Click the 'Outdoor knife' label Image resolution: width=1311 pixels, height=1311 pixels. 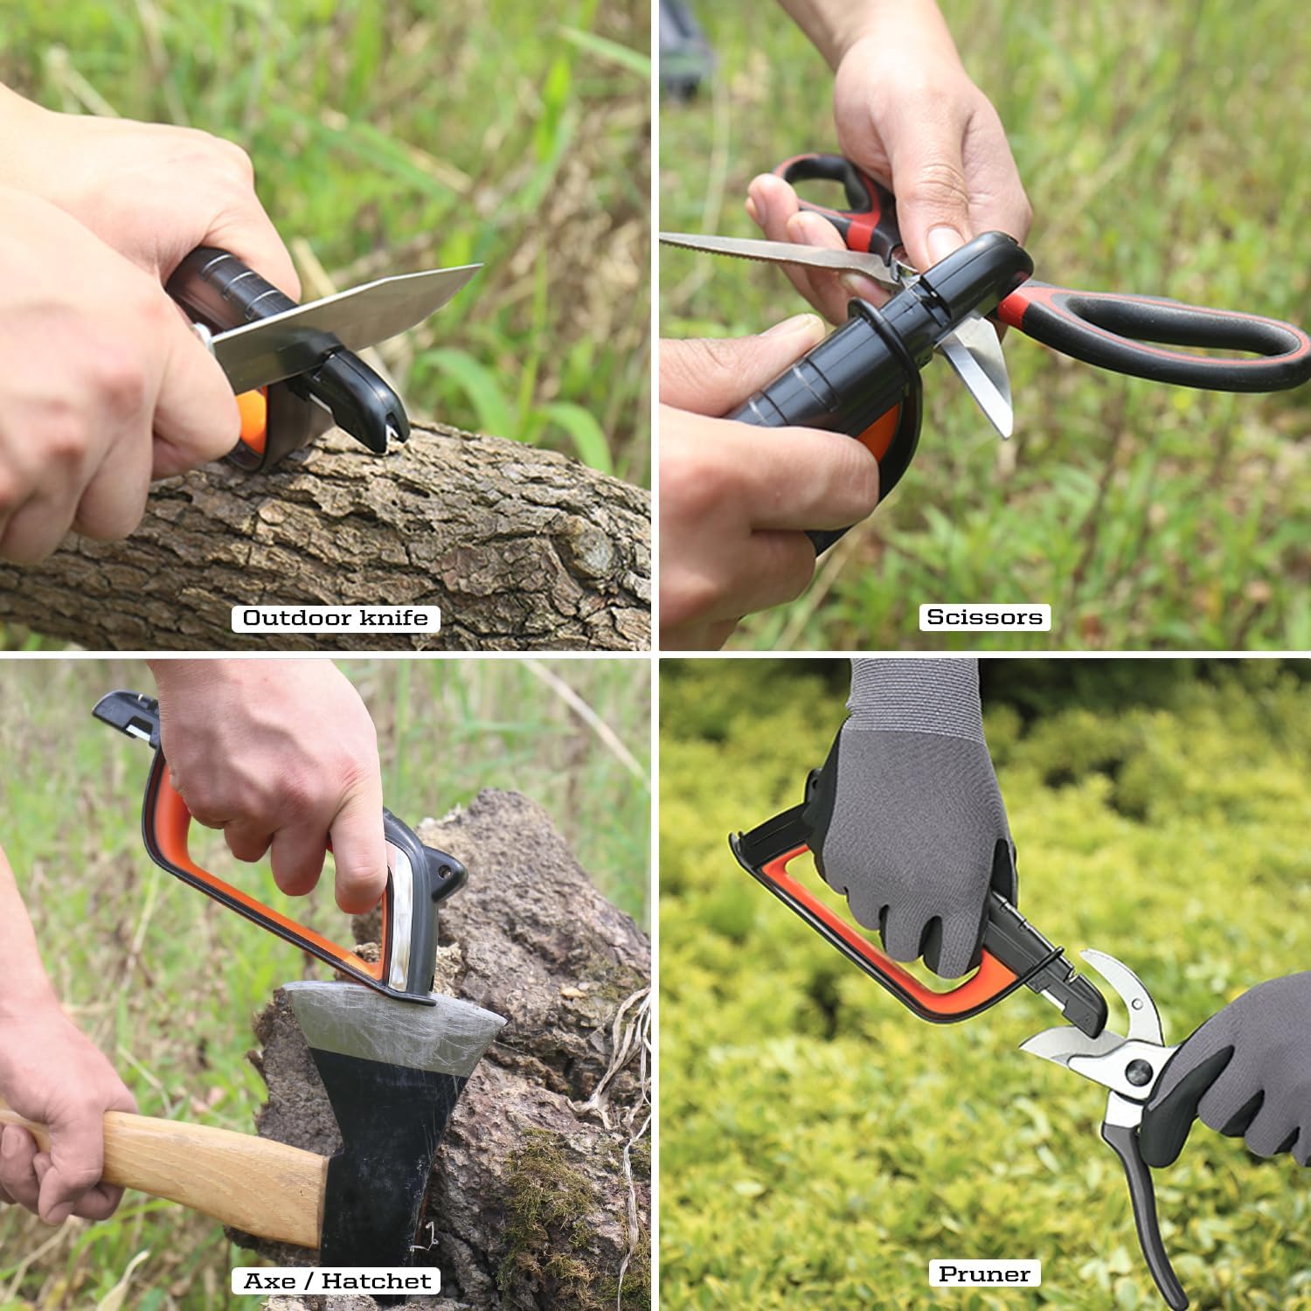[x=336, y=618]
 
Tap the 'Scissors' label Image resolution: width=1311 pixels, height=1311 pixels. [x=984, y=617]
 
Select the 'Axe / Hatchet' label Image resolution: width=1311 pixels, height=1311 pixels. [x=336, y=1281]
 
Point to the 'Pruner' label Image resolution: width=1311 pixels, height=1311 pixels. [x=984, y=1274]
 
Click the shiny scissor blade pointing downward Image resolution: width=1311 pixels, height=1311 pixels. [x=988, y=376]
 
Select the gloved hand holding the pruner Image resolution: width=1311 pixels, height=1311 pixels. [x=1241, y=1075]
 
